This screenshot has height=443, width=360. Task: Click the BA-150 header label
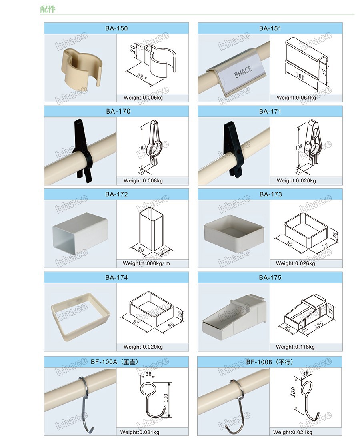(116, 28)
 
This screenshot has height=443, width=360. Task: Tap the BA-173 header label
(270, 194)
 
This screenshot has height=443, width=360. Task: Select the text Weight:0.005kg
(143, 98)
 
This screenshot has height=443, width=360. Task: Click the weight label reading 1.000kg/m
(146, 263)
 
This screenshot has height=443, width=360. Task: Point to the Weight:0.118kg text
(295, 347)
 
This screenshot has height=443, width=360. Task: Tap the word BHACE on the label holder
(243, 72)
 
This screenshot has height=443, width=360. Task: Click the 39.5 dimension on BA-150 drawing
(142, 76)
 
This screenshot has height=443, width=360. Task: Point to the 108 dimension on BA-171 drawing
(299, 147)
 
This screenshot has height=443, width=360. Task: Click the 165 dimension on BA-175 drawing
(318, 325)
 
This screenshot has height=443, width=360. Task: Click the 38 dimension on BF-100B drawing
(306, 373)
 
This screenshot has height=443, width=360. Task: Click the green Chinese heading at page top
(48, 9)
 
